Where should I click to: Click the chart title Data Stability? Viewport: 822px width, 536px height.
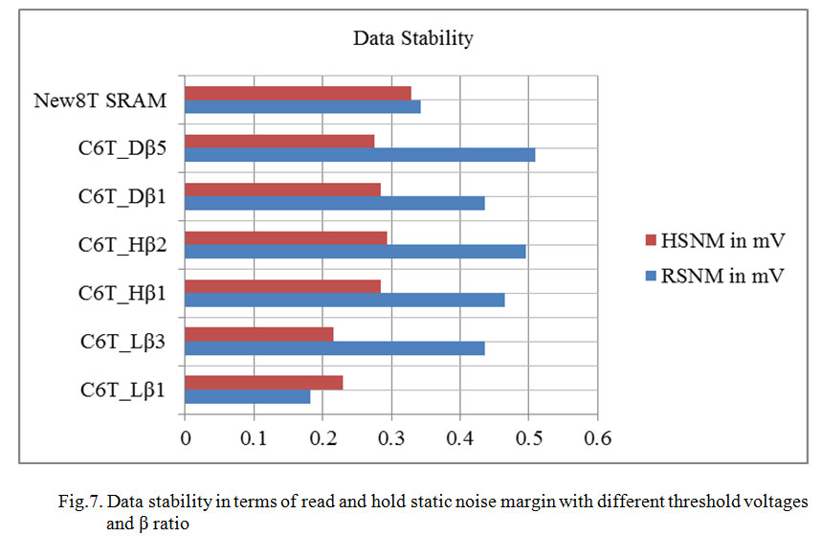(413, 39)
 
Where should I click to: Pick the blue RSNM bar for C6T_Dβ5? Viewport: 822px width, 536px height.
(360, 154)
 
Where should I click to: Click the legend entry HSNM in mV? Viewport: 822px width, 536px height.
(715, 237)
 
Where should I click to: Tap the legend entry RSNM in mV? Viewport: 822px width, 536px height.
(715, 276)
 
